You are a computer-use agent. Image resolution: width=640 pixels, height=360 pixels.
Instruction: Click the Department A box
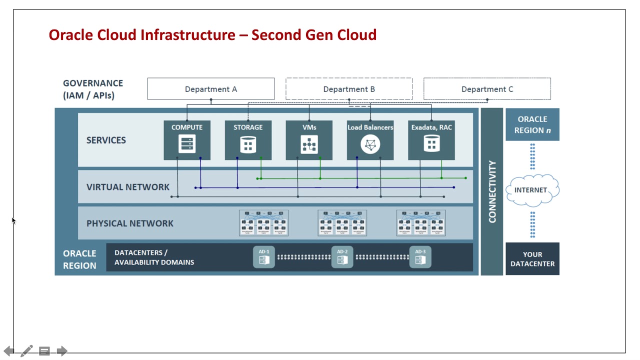pyautogui.click(x=210, y=89)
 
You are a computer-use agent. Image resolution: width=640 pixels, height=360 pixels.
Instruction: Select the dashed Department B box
pyautogui.click(x=348, y=89)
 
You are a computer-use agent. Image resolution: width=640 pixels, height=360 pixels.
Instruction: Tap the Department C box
pyautogui.click(x=487, y=89)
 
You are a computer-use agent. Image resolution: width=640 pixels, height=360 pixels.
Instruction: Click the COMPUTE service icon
pyautogui.click(x=187, y=144)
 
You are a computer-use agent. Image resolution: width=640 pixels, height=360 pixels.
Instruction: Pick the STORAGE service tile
pyautogui.click(x=248, y=140)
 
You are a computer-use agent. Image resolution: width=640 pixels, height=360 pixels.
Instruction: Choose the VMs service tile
pyautogui.click(x=309, y=140)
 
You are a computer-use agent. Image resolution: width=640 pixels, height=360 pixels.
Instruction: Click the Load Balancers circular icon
pyautogui.click(x=370, y=145)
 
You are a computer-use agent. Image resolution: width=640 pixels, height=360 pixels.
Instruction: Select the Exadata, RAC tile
pyautogui.click(x=431, y=140)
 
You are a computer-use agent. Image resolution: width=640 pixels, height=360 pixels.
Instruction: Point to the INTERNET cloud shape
pyautogui.click(x=532, y=190)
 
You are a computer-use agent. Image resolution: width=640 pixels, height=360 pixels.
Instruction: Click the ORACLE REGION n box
pyautogui.click(x=532, y=124)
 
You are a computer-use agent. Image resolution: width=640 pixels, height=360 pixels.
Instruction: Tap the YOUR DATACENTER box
pyautogui.click(x=532, y=258)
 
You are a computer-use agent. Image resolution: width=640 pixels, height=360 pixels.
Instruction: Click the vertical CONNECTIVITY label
pyautogui.click(x=492, y=191)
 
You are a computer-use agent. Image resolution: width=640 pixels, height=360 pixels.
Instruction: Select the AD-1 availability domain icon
pyautogui.click(x=264, y=257)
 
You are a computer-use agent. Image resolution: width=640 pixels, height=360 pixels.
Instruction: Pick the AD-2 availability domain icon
pyautogui.click(x=342, y=257)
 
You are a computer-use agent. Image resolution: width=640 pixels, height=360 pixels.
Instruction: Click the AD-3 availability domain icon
pyautogui.click(x=420, y=257)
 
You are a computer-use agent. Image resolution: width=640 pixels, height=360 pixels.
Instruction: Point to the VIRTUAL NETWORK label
pyautogui.click(x=128, y=187)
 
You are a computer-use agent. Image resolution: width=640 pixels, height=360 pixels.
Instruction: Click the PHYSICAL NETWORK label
pyautogui.click(x=130, y=223)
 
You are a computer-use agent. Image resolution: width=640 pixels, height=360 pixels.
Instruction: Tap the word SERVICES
pyautogui.click(x=106, y=140)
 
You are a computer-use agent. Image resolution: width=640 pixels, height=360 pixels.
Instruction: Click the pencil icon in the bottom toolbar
pyautogui.click(x=27, y=351)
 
